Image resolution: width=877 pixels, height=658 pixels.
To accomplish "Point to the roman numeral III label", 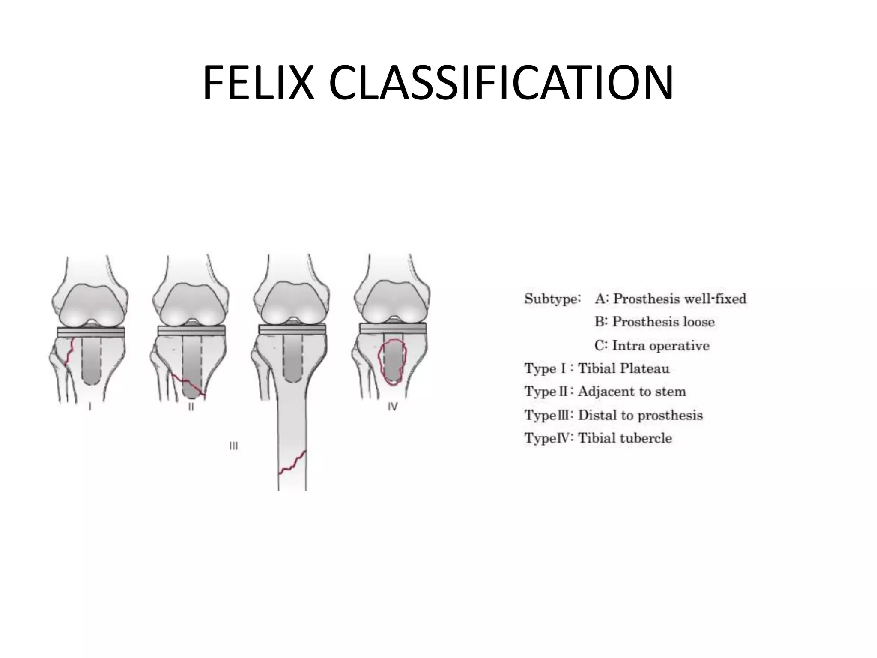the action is (x=233, y=446).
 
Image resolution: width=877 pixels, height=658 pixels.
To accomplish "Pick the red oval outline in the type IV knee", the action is (x=380, y=360).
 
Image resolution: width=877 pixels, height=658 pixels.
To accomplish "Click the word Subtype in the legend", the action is (x=552, y=299).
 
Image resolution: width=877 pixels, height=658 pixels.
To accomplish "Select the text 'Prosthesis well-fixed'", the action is (x=680, y=299).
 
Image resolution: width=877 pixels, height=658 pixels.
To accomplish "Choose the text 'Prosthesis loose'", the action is (x=663, y=322).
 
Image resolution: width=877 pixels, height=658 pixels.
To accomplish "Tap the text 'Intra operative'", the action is (x=660, y=345).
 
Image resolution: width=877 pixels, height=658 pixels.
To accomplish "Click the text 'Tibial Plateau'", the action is (x=623, y=368).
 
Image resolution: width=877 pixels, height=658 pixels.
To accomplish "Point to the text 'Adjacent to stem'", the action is (x=632, y=392).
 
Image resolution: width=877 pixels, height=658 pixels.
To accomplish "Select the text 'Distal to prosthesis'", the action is (x=640, y=415).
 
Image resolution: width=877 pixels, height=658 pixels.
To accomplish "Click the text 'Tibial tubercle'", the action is (x=625, y=438).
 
